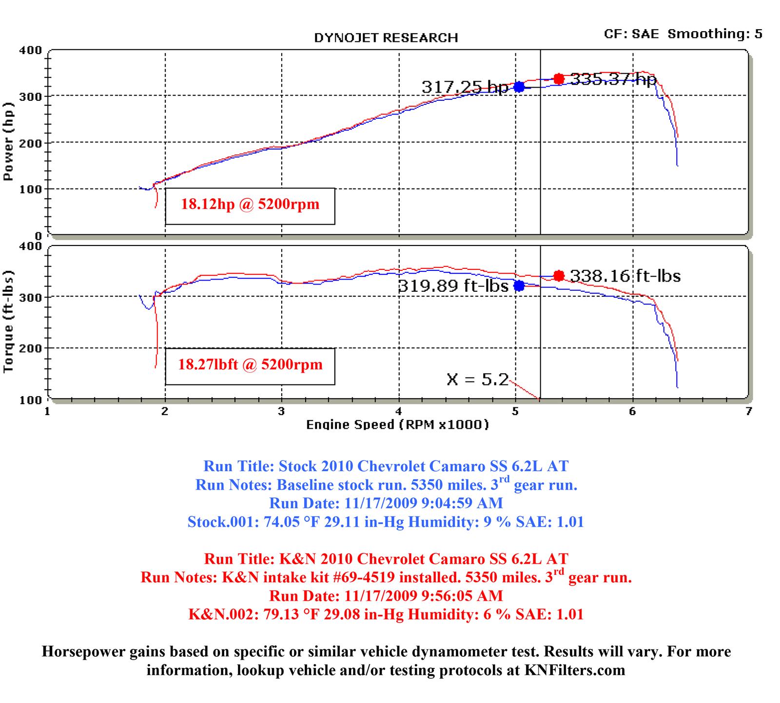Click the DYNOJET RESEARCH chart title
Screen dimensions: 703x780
[386, 38]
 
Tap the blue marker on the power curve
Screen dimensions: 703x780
[519, 87]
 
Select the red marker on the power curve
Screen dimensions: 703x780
[559, 79]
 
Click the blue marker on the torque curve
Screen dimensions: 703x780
[519, 285]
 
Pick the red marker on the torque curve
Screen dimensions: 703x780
[559, 276]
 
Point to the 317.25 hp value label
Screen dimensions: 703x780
[465, 87]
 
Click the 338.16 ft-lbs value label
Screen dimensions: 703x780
[625, 276]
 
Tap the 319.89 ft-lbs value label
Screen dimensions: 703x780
[453, 286]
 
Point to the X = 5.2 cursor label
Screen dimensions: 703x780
[477, 379]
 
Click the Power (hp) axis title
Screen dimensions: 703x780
[8, 141]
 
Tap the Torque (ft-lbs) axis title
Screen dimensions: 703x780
[8, 321]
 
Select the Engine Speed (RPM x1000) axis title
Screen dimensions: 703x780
[397, 425]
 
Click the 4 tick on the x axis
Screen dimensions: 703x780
[399, 412]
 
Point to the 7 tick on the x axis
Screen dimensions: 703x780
[748, 412]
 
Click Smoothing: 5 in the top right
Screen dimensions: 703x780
[715, 34]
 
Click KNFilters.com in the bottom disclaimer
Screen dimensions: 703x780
[575, 671]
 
